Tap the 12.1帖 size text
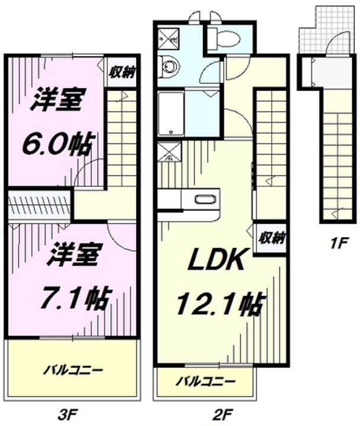click(x=218, y=305)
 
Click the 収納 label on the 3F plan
click(x=123, y=72)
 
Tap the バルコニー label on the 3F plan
click(x=73, y=371)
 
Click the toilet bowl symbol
click(x=226, y=40)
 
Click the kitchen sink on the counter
click(x=203, y=199)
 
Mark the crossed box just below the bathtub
click(x=169, y=153)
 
